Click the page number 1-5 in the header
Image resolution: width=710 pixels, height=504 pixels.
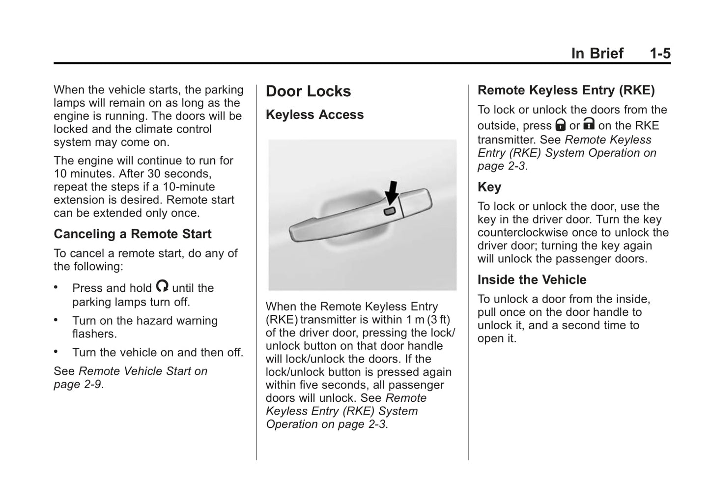click(659, 53)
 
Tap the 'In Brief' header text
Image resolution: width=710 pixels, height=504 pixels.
click(597, 53)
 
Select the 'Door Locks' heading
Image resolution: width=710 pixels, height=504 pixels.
click(308, 91)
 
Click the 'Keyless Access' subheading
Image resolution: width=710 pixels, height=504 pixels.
click(314, 114)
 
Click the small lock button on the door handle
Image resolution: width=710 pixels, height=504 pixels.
click(389, 211)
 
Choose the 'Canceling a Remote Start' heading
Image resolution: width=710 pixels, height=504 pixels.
click(132, 234)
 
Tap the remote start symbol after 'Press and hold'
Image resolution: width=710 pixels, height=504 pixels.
click(162, 286)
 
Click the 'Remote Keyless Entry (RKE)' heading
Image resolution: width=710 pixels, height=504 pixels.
click(566, 90)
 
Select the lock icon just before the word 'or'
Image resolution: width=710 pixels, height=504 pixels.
click(560, 124)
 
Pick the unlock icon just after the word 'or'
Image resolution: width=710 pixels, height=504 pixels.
click(589, 123)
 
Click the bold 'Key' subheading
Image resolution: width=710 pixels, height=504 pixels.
click(489, 187)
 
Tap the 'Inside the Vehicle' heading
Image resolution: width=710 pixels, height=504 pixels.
click(532, 280)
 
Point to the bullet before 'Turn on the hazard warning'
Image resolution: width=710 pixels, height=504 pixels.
click(57, 320)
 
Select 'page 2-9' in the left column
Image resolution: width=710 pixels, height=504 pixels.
click(77, 384)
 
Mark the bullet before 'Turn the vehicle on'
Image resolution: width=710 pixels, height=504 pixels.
click(57, 352)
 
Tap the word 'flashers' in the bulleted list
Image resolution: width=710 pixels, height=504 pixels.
click(93, 334)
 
